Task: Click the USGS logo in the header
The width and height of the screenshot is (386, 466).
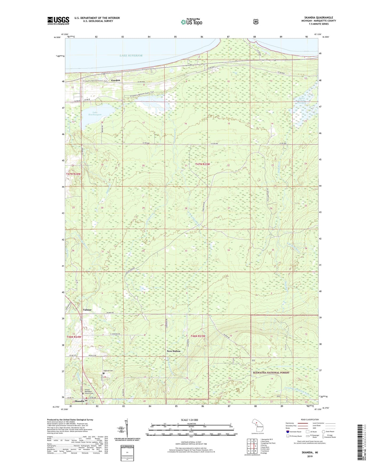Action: click(x=58, y=21)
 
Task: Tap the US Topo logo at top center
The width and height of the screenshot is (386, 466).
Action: click(x=191, y=22)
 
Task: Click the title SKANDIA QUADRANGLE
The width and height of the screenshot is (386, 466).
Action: click(x=318, y=18)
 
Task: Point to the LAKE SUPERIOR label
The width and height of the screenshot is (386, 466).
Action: click(x=131, y=56)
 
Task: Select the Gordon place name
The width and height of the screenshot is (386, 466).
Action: click(x=115, y=80)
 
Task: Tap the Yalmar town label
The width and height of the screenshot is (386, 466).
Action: click(x=87, y=310)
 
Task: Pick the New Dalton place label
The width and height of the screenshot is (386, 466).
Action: click(x=174, y=351)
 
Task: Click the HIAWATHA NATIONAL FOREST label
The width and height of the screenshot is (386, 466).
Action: click(x=271, y=373)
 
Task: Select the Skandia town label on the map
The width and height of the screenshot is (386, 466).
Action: click(x=80, y=401)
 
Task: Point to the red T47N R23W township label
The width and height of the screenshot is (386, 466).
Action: click(x=202, y=164)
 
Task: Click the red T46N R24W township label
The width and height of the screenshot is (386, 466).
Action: click(x=74, y=337)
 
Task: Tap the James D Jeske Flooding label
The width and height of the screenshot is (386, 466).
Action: click(x=302, y=100)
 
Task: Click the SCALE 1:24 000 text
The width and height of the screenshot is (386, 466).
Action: click(x=189, y=420)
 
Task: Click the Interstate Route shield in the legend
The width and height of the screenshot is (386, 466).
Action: click(x=287, y=432)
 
